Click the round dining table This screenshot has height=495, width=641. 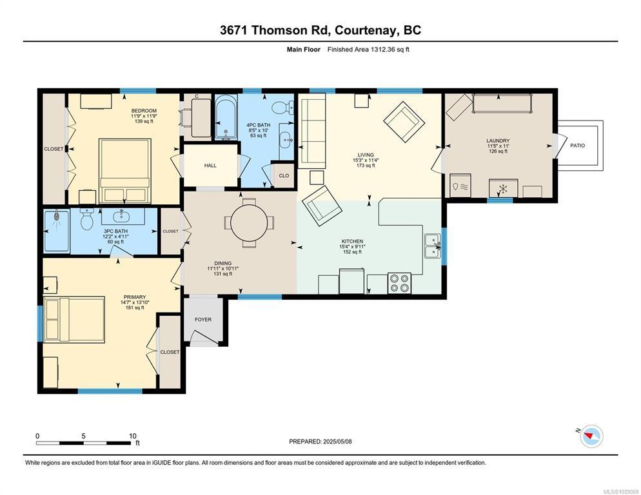pos(249,223)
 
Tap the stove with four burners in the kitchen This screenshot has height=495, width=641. pos(399,283)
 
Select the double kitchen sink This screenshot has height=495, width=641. pos(433,246)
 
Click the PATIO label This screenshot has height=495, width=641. pos(577,145)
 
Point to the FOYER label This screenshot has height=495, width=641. pos(203,319)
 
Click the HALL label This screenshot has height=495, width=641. pos(210,165)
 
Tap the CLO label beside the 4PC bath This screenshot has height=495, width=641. pos(284,175)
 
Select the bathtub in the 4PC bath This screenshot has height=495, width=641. pos(226,117)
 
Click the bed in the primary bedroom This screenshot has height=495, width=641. pos(74,319)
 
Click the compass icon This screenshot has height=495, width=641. pos(591,436)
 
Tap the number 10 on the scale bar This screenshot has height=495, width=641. pos(132,436)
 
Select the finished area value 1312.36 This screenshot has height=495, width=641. pos(383,50)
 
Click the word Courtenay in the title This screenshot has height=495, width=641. pos(366,30)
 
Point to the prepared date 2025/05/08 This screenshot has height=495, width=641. pos(337,442)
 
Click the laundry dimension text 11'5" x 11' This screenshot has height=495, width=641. pos(498,146)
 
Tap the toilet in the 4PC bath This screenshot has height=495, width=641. pos(282,108)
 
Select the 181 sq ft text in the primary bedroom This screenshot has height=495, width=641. pos(135,308)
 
